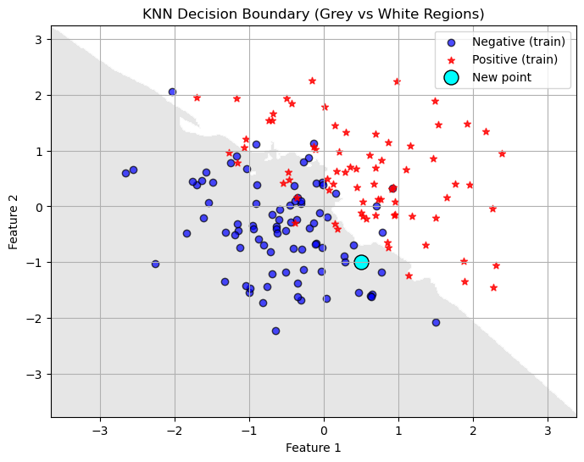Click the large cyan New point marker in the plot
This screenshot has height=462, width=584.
pyautogui.click(x=361, y=262)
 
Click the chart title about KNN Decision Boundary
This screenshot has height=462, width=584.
pyautogui.click(x=313, y=14)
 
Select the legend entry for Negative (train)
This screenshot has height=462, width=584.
pyautogui.click(x=514, y=42)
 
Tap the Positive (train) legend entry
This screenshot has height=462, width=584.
pyautogui.click(x=514, y=59)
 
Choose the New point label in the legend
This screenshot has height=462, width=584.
pyautogui.click(x=502, y=77)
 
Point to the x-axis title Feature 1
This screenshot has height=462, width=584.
pyautogui.click(x=313, y=448)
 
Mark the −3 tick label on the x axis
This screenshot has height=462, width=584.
pyautogui.click(x=100, y=429)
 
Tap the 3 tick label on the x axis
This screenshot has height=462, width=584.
pyautogui.click(x=548, y=429)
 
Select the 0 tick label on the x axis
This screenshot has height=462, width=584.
pyautogui.click(x=324, y=429)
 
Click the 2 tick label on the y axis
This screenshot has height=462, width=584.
pyautogui.click(x=39, y=96)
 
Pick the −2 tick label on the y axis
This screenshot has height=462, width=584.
pyautogui.click(x=36, y=319)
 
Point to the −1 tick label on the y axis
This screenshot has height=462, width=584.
pyautogui.click(x=36, y=263)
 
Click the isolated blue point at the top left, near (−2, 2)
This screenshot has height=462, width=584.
pyautogui.click(x=172, y=92)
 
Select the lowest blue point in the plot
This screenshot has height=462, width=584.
pyautogui.click(x=275, y=331)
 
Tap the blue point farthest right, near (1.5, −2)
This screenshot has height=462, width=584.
pyautogui.click(x=436, y=322)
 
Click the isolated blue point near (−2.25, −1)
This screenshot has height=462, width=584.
pyautogui.click(x=155, y=264)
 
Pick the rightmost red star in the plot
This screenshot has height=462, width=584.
pyautogui.click(x=502, y=153)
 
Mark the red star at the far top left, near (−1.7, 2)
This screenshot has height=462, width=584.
pyautogui.click(x=197, y=97)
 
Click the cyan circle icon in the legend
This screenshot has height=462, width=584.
pyautogui.click(x=451, y=77)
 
